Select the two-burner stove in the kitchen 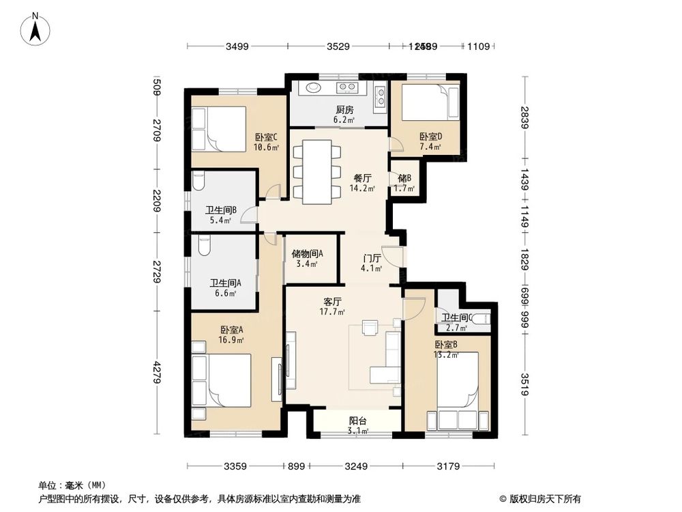346,87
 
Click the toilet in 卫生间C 481,316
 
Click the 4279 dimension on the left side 157,373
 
